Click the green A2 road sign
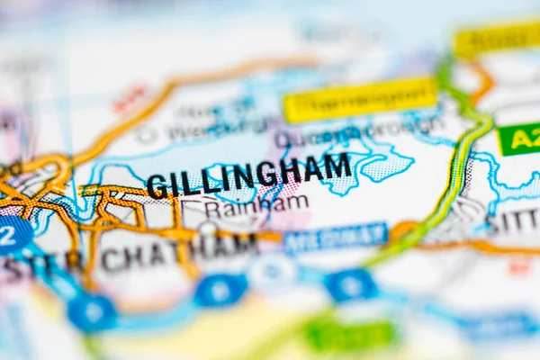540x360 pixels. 519,139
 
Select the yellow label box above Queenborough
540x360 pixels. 360,99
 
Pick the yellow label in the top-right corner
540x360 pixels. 495,39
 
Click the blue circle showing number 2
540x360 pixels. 11,234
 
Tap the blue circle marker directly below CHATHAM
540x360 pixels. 220,290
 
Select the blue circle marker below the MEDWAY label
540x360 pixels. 350,285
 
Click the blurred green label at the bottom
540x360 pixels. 350,335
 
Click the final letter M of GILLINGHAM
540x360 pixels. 338,166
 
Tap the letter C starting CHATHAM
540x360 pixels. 110,259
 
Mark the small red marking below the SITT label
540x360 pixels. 519,265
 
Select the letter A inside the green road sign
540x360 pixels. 519,139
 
